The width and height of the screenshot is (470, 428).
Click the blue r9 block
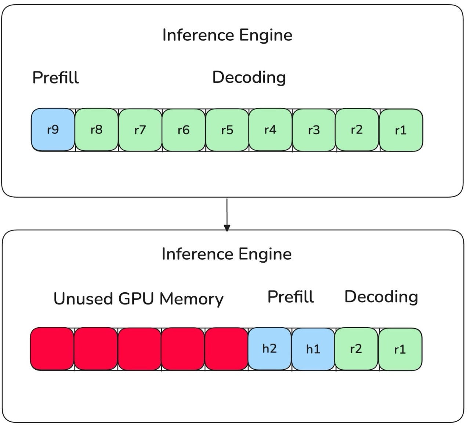pos(53,129)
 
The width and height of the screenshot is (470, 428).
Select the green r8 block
pos(97,129)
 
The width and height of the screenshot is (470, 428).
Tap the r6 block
pos(184,130)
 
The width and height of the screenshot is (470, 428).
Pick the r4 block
pos(270,129)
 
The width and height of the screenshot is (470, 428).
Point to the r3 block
pos(314,130)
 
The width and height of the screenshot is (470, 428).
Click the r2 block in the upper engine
pos(357,129)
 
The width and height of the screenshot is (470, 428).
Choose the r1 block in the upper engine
pos(401,130)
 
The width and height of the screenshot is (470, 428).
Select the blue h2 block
pos(270,348)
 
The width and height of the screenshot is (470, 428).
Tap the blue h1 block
pos(313,349)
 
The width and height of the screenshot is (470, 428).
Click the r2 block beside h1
pos(356,348)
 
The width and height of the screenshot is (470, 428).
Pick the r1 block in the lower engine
pos(400,349)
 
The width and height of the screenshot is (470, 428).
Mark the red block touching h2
pos(226,349)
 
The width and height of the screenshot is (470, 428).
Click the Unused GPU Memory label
pos(138,299)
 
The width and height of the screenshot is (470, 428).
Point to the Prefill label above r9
pos(55,77)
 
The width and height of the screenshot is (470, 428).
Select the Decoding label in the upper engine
pos(249,77)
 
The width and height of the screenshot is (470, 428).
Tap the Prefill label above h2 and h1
pos(290,297)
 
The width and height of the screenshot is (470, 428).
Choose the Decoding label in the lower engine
pos(381,297)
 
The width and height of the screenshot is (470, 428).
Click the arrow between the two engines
pos(227,215)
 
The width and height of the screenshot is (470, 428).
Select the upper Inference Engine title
pos(227,35)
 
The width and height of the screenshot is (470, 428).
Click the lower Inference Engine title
pos(227,254)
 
